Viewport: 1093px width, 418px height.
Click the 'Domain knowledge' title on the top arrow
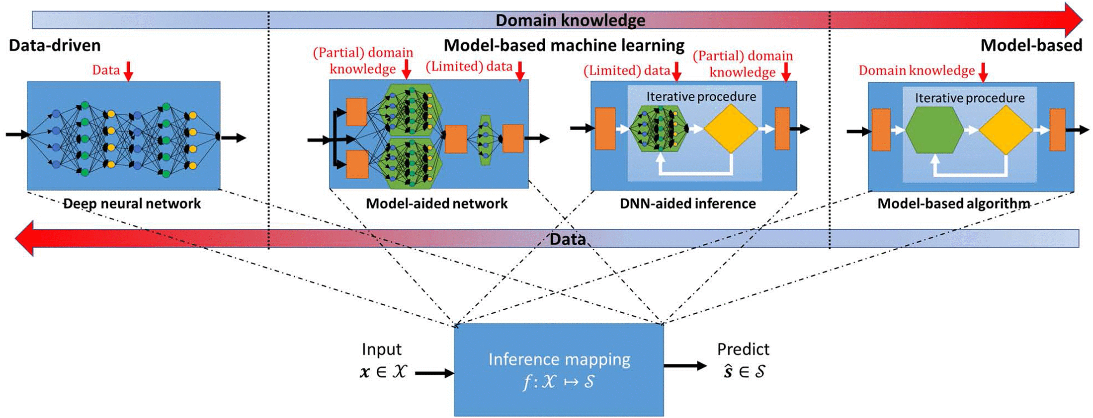570,20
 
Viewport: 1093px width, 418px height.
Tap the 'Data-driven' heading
55,46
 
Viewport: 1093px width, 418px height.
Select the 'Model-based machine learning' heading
564,46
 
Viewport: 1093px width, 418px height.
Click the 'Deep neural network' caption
132,204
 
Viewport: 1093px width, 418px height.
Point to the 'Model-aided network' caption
436,204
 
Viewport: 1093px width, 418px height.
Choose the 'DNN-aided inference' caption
687,204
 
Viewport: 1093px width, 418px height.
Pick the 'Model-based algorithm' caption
953,204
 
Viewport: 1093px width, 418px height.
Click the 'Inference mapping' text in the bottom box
559,359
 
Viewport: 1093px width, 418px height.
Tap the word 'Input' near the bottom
381,349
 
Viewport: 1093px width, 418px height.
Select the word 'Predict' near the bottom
743,349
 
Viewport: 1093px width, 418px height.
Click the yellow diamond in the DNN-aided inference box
731,129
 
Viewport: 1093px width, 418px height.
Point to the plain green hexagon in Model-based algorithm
934,130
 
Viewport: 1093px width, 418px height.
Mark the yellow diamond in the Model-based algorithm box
1006,130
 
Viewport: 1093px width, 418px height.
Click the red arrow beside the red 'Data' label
128,71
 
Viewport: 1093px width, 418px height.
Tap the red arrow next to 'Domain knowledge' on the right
983,72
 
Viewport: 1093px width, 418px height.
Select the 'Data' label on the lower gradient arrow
567,239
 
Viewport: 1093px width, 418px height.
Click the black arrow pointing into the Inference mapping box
434,373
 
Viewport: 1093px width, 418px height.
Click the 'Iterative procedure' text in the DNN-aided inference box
701,97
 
